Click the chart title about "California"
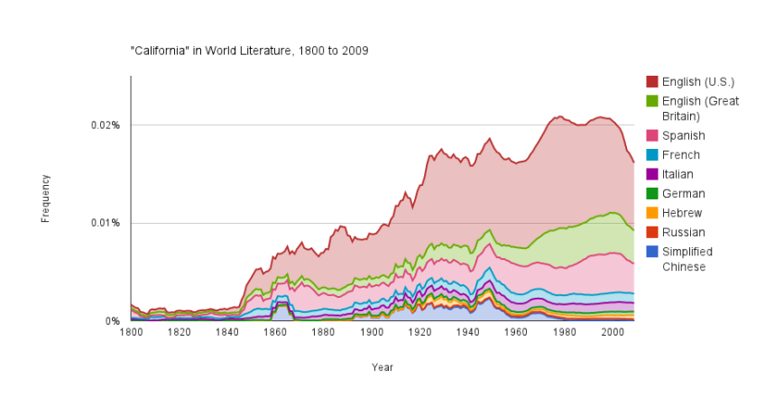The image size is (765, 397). (249, 50)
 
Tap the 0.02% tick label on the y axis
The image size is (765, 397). (106, 125)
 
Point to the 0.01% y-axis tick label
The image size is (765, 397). (106, 223)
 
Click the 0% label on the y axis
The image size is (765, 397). (114, 321)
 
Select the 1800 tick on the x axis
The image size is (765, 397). (131, 332)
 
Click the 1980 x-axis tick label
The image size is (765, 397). (564, 332)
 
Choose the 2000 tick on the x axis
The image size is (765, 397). (612, 332)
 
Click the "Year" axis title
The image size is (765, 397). (382, 367)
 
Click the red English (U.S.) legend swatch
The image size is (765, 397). (651, 82)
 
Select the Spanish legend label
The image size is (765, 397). (683, 135)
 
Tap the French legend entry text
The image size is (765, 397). (680, 155)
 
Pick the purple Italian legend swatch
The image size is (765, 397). (651, 174)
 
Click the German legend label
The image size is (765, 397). (683, 194)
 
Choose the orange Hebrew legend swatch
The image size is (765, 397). (651, 213)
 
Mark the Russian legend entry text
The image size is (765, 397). (683, 233)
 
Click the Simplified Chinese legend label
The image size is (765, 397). (687, 259)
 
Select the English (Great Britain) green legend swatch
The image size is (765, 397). (651, 101)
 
